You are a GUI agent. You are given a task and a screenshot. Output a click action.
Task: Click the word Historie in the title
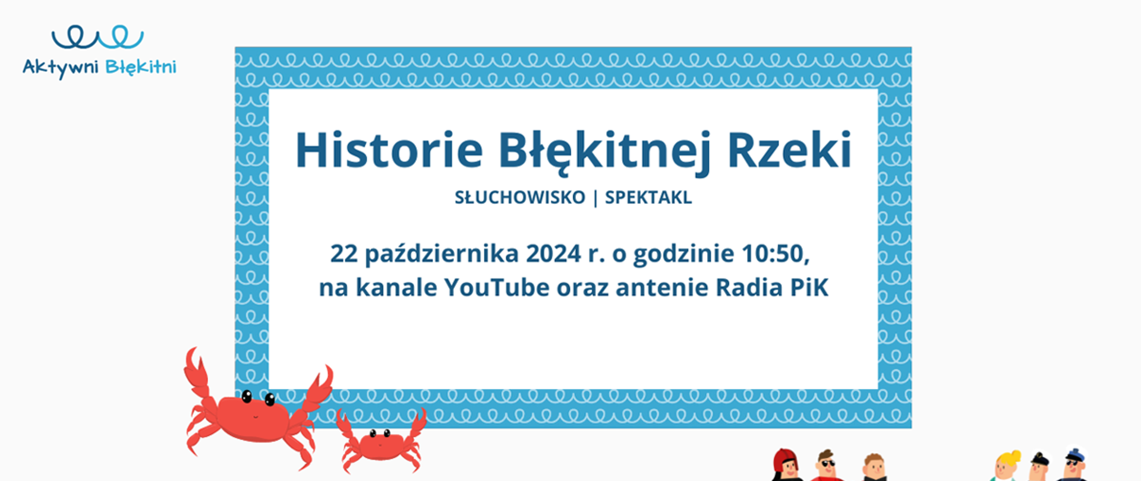point(389,150)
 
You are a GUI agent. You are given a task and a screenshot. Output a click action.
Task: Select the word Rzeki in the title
point(789,150)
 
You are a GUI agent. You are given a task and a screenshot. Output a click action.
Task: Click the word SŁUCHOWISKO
point(520,197)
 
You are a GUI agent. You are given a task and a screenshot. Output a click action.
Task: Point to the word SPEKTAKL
point(648,197)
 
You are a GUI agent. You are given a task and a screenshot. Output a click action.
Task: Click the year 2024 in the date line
point(553,254)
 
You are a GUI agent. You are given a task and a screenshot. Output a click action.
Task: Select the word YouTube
point(497,288)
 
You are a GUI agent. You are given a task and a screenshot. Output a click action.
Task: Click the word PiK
point(809,288)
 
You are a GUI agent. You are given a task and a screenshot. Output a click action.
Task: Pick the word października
point(442,254)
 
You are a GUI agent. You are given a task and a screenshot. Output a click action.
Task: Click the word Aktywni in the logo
point(60,67)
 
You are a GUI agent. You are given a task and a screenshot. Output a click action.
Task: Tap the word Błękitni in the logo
point(141,67)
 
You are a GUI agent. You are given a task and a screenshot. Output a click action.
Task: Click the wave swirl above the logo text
point(97,37)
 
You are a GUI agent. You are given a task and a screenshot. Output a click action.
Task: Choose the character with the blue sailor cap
point(1073,465)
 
